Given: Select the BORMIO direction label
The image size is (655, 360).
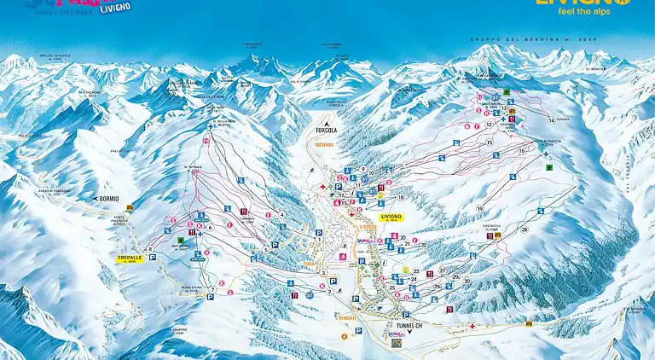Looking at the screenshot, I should pyautogui.click(x=108, y=199).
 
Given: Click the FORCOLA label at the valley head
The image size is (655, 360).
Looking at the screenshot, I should pyautogui.click(x=327, y=131).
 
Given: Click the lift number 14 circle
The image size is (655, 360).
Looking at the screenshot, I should pyautogui.click(x=551, y=120).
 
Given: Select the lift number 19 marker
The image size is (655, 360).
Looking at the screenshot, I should pyautogui.click(x=480, y=209).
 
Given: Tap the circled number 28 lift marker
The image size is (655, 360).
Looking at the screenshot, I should pyautogui.click(x=525, y=229).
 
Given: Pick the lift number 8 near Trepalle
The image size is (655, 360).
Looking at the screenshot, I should pyautogui.click(x=151, y=249).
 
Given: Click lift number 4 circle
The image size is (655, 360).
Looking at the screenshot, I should pyautogui.click(x=282, y=214).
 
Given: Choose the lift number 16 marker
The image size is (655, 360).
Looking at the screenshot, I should pyautogui.click(x=522, y=151).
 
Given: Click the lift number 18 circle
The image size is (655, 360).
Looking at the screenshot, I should pyautogui.click(x=401, y=197).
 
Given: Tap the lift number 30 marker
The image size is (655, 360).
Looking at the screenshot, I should pyautogui.click(x=467, y=280).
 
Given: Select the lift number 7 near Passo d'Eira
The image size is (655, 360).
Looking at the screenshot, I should pyautogui.click(x=211, y=290).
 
